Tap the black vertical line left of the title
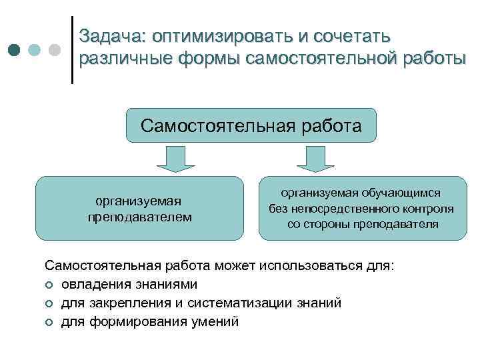point(72,49)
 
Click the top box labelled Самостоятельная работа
point(251,125)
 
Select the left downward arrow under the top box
point(175,159)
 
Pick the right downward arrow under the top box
point(310,159)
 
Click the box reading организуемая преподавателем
point(139,208)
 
